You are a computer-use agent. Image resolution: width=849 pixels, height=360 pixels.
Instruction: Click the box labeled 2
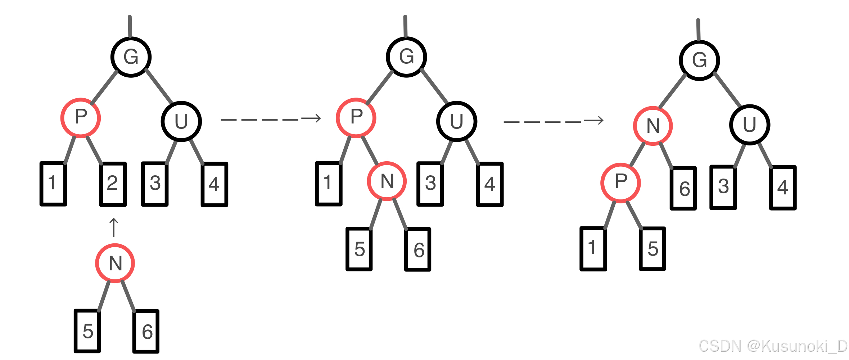click(x=113, y=184)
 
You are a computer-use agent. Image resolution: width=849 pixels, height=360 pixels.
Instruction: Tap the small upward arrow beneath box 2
click(x=114, y=228)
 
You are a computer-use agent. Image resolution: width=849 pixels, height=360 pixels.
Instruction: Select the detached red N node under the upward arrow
click(x=115, y=263)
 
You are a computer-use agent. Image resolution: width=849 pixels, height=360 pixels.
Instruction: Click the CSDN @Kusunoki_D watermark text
click(x=773, y=346)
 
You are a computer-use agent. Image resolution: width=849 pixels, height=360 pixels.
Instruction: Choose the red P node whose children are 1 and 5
click(x=621, y=183)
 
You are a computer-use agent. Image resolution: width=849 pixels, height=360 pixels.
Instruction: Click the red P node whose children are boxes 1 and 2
click(x=81, y=118)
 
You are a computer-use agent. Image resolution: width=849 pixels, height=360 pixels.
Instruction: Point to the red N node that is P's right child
click(x=387, y=181)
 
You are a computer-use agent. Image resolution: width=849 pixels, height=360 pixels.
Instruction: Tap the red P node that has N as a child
click(x=356, y=118)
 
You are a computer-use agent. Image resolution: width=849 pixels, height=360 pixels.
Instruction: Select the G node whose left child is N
click(x=699, y=60)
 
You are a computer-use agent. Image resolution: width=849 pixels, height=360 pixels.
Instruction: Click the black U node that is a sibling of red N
click(x=750, y=125)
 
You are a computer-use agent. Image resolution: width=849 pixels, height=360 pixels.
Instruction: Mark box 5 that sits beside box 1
click(x=652, y=248)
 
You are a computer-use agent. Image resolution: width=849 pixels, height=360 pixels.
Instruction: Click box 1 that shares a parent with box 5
click(x=593, y=248)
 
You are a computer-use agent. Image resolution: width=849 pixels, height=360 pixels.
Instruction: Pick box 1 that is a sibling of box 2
click(x=53, y=184)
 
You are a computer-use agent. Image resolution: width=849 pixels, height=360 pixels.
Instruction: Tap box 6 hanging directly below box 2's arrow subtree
click(x=146, y=331)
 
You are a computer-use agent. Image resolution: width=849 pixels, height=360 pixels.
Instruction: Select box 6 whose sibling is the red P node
click(x=683, y=188)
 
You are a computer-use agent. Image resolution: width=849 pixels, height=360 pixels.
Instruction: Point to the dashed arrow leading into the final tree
click(x=554, y=121)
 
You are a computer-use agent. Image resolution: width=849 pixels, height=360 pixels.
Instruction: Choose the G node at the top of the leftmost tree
click(x=131, y=57)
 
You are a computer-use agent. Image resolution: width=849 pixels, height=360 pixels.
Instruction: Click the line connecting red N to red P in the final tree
click(x=637, y=154)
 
